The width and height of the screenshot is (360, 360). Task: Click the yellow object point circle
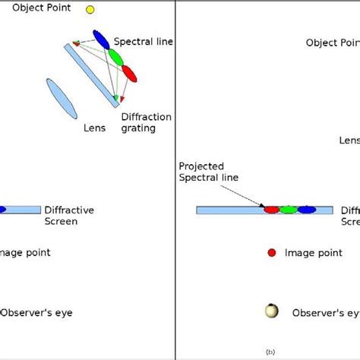[x=90, y=10]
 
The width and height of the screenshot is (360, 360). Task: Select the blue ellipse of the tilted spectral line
[x=101, y=39]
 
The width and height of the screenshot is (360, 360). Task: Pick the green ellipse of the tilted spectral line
[x=115, y=57]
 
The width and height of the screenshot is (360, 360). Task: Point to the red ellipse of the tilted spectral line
[x=129, y=73]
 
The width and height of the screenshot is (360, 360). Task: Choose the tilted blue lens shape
[x=62, y=99]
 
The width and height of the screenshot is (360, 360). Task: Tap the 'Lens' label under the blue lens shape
[x=93, y=128]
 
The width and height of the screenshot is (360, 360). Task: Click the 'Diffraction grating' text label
[x=146, y=122]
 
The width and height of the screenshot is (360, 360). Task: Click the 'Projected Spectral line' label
[x=208, y=172]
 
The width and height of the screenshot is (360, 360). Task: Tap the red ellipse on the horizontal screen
[x=271, y=209]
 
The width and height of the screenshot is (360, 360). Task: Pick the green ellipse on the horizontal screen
[x=288, y=209]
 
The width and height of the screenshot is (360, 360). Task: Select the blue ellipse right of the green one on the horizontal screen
[x=306, y=209]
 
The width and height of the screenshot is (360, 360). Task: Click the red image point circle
[x=272, y=252]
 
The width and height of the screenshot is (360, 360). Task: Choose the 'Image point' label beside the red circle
[x=314, y=252]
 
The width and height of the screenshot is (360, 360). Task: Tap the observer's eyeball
[x=271, y=311]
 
